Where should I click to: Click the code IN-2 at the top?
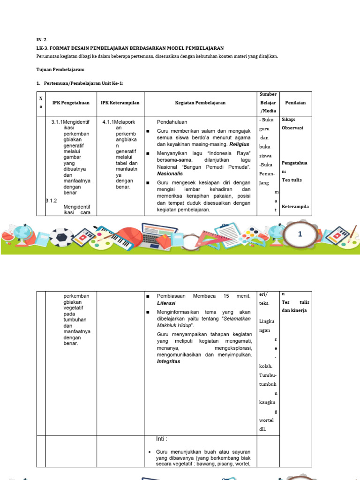pos(41,40)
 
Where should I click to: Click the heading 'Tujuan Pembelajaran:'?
pos(60,69)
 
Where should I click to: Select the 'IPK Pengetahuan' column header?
pos(71,103)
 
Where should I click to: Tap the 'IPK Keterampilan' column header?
pos(120,103)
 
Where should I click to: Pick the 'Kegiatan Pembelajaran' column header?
pos(200,103)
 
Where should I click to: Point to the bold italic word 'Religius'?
pos(239,144)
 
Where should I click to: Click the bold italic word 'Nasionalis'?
pos(170,173)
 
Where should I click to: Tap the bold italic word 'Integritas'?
pos(169,361)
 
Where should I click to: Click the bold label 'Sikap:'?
pos(288,120)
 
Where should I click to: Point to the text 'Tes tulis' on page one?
pos(292,180)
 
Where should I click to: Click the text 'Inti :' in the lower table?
pos(162,439)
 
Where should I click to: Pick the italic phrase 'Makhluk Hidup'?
pos(174,325)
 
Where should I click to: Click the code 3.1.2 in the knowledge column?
pos(51,201)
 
